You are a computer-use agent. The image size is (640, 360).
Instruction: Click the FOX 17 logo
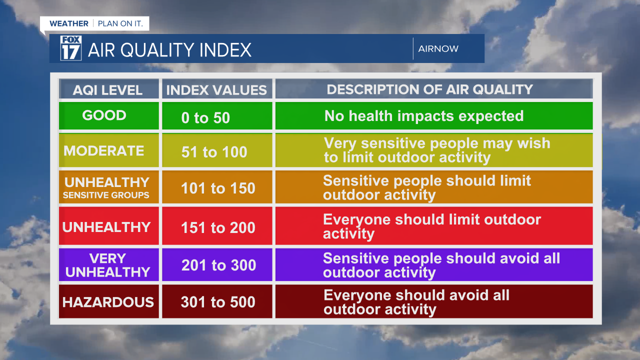(70, 48)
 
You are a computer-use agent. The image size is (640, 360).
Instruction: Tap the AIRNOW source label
(438, 49)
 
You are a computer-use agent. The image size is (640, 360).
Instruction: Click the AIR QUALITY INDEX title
(169, 50)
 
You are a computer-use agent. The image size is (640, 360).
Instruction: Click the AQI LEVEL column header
(108, 90)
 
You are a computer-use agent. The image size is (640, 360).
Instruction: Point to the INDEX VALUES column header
(216, 90)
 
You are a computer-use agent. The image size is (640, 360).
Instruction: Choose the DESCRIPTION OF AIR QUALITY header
(430, 89)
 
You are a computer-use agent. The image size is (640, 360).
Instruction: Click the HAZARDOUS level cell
(108, 302)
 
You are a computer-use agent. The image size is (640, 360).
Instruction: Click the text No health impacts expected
(424, 116)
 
